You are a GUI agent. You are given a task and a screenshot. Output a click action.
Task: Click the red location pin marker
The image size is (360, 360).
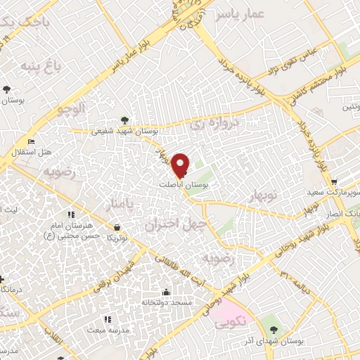(x=181, y=165)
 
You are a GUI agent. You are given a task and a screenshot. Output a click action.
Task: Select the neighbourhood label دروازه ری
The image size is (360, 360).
(x=215, y=126)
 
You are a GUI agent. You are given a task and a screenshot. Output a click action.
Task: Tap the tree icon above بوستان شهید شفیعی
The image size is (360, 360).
(x=125, y=120)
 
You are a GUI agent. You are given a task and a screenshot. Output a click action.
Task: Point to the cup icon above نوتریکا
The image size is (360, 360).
(x=124, y=227)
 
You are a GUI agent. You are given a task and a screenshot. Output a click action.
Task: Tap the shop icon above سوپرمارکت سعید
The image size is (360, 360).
(x=333, y=181)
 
